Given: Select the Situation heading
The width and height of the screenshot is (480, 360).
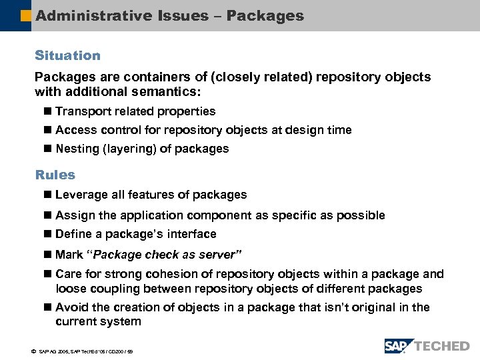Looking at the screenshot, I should pyautogui.click(x=67, y=55).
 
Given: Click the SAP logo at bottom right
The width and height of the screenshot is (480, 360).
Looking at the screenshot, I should pyautogui.click(x=399, y=346).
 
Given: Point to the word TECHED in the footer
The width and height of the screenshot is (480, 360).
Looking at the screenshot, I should pyautogui.click(x=441, y=346).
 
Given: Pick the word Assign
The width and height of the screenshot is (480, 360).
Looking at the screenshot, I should pyautogui.click(x=73, y=215).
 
